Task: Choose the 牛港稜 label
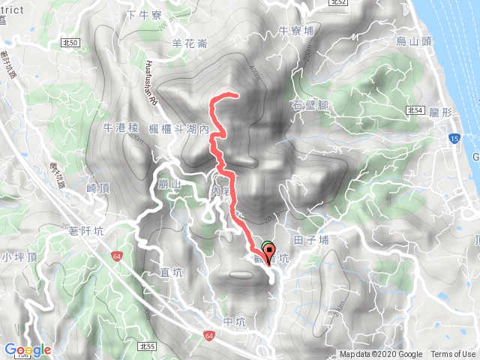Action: coord(121,128)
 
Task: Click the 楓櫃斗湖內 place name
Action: coord(178,129)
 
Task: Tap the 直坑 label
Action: coord(172,271)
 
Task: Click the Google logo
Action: coord(28,349)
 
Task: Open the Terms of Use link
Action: coord(452,355)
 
